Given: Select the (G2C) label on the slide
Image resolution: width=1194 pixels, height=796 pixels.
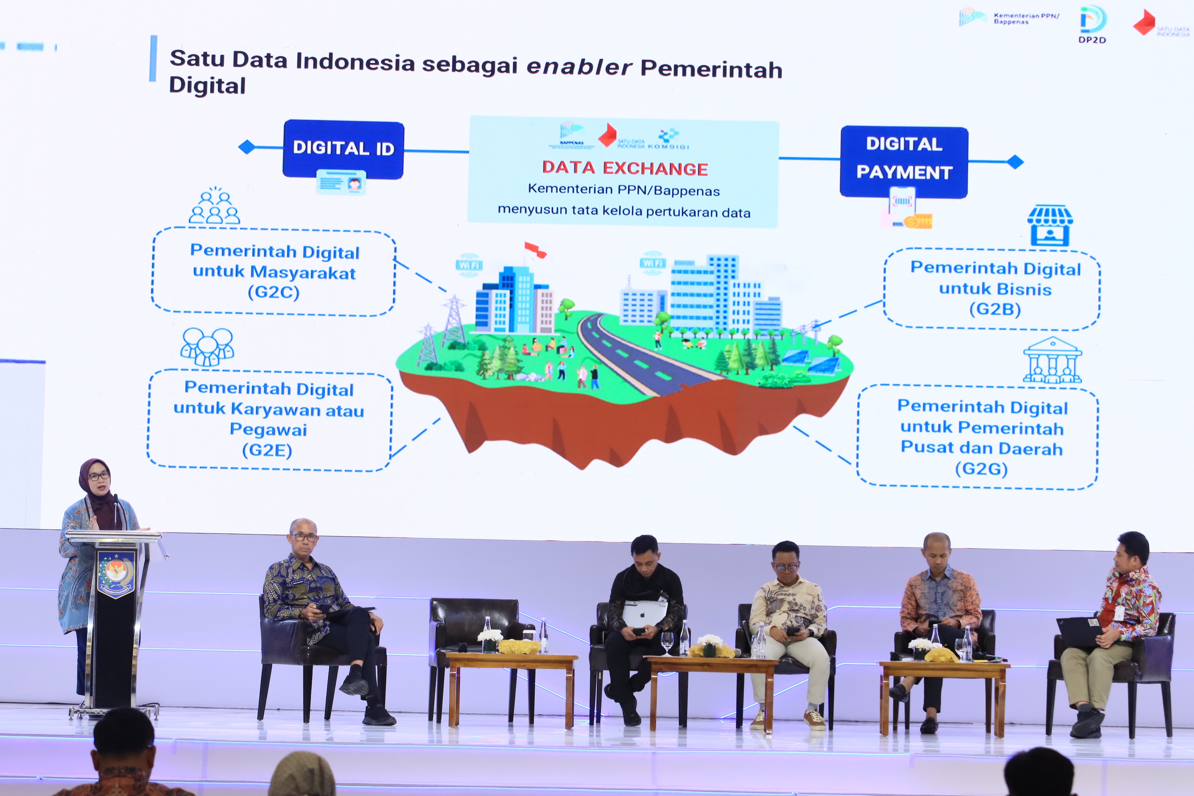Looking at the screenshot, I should click(x=274, y=292).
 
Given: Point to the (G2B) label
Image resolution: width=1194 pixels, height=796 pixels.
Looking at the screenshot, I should click(x=995, y=309).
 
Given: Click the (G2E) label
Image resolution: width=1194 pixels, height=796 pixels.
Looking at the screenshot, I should click(x=267, y=450).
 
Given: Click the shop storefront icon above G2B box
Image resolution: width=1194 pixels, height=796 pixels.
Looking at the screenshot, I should click(x=1050, y=225).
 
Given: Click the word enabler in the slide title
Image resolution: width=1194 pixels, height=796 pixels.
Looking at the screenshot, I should click(x=579, y=66).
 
